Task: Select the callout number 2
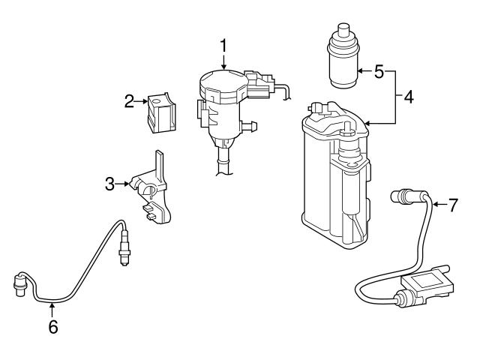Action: [128, 100]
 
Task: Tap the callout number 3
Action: [110, 182]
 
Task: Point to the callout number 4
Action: [407, 97]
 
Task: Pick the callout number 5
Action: [379, 72]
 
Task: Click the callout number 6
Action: [52, 326]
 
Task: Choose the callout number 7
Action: [452, 204]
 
